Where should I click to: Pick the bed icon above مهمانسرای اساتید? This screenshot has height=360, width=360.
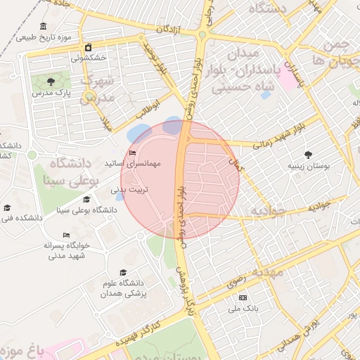point(132,153)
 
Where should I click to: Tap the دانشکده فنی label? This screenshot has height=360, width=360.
point(22,218)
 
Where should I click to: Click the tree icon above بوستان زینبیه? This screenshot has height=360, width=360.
point(307,155)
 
